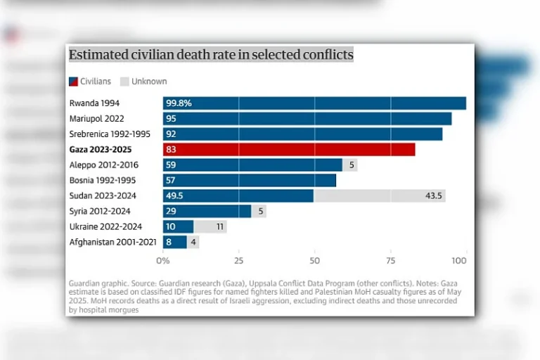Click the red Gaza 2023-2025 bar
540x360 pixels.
(x=289, y=149)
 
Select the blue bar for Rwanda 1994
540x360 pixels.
(x=314, y=103)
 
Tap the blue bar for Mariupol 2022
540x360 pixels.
(x=307, y=118)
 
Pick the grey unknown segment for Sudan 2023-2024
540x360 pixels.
(x=379, y=195)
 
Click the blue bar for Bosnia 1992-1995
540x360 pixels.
(x=250, y=180)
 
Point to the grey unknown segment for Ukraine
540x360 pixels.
(x=210, y=226)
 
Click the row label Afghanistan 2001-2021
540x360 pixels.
(x=113, y=242)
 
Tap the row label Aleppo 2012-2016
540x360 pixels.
(x=104, y=165)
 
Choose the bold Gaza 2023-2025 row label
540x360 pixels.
(x=104, y=149)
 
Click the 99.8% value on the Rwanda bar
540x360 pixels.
(x=179, y=103)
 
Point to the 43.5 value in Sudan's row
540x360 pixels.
(x=434, y=195)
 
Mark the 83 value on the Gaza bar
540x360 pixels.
(x=171, y=149)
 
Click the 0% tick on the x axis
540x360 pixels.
(x=163, y=261)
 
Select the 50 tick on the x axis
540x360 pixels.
(x=314, y=261)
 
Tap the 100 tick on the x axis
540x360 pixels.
(x=459, y=261)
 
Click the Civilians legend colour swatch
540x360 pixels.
(x=73, y=82)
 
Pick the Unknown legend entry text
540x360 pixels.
(x=149, y=82)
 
